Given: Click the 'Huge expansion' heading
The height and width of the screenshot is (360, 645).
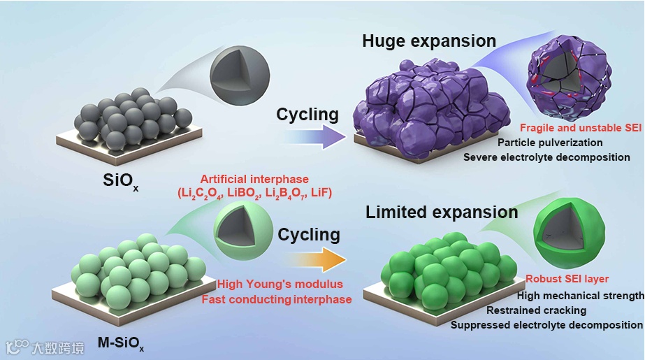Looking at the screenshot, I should pyautogui.click(x=429, y=41).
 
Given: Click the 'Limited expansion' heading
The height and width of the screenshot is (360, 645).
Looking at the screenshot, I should pyautogui.click(x=442, y=212).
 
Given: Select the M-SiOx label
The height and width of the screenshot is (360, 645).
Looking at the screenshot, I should pyautogui.click(x=122, y=345).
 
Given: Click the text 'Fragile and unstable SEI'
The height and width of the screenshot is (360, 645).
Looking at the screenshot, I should pyautogui.click(x=580, y=129).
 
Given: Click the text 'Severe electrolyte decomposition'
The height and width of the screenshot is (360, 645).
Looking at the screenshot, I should pyautogui.click(x=546, y=157).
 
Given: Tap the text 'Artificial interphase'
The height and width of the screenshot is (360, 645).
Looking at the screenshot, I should pyautogui.click(x=254, y=180).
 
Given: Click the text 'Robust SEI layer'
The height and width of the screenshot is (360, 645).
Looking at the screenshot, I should pyautogui.click(x=558, y=279).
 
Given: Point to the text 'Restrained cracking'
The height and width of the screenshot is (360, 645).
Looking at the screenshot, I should pyautogui.click(x=536, y=310).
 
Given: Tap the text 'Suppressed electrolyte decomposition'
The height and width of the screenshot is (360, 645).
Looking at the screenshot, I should pyautogui.click(x=546, y=324).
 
